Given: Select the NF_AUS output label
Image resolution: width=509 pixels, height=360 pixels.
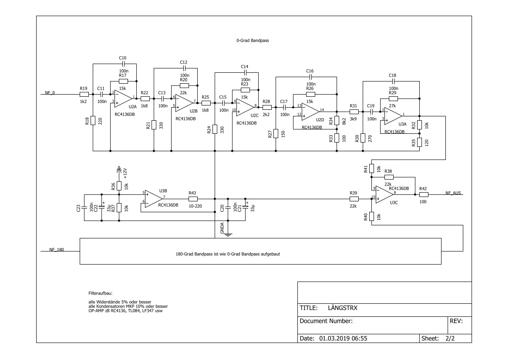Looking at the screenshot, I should pyautogui.click(x=453, y=193).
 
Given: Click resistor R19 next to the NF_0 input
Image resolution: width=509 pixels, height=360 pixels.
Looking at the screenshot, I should pyautogui.click(x=84, y=94).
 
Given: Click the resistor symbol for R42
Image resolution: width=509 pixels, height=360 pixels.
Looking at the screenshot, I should pyautogui.click(x=424, y=195).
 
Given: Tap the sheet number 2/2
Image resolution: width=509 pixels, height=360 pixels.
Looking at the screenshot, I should pyautogui.click(x=450, y=338).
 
